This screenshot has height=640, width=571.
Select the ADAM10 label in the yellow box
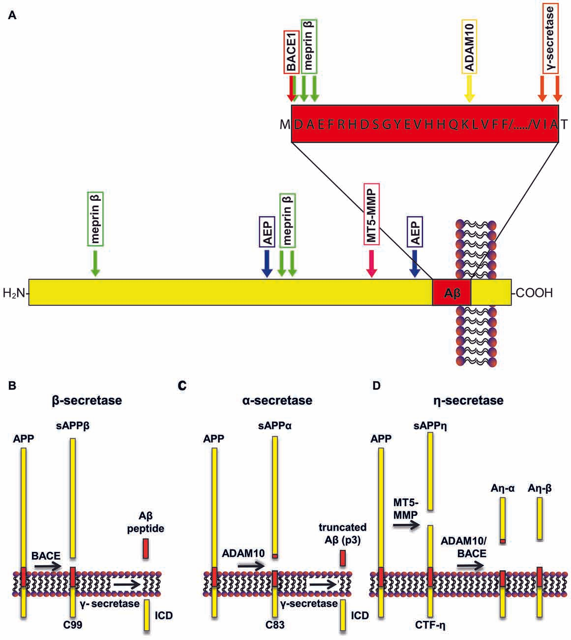coord(469,47)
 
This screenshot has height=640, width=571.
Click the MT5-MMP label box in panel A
coord(371,214)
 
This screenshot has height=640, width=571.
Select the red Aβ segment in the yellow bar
coord(451,293)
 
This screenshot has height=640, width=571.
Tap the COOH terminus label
coord(534,293)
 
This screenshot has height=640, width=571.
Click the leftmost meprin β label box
coord(95,219)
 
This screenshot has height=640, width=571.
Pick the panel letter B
coord(13,385)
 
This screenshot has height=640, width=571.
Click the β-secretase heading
coord(87,400)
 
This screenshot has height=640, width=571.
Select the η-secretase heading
coord(468,400)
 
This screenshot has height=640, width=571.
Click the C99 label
coord(72,625)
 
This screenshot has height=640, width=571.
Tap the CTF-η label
coord(430,625)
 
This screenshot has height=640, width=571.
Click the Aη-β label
coord(540,488)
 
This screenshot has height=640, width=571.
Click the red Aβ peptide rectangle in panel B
coord(146,548)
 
